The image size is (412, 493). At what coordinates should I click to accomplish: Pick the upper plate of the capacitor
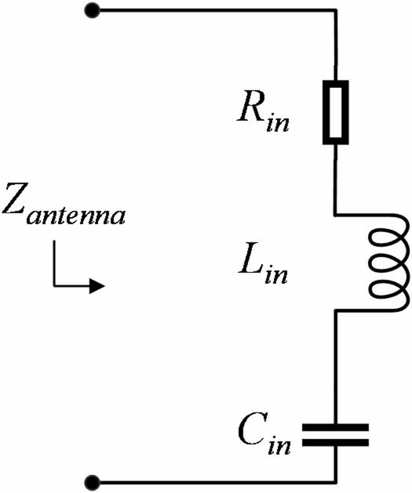coord(336,428)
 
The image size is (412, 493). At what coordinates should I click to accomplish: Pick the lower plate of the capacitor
coord(336,443)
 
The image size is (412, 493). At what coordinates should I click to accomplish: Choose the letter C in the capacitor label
coord(250,433)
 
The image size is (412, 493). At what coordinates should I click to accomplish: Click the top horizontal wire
coord(212,11)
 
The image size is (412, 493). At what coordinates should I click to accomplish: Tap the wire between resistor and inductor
coord(336,180)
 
